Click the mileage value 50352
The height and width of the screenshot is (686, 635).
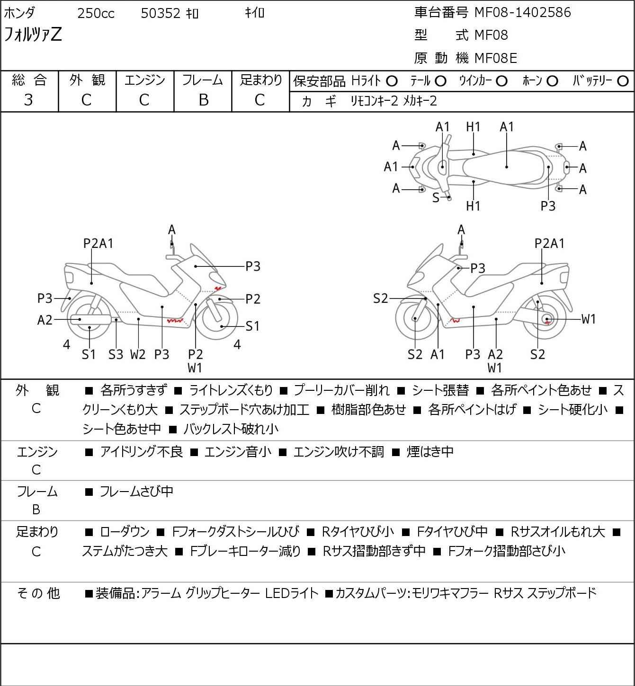(x=161, y=14)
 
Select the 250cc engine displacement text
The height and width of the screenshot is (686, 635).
(x=96, y=14)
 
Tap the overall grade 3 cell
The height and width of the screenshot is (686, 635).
(x=29, y=100)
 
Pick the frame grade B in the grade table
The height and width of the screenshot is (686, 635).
(x=203, y=100)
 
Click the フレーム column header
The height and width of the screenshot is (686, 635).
(x=203, y=80)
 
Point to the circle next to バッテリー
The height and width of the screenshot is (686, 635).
(x=623, y=81)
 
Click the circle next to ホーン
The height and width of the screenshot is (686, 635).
(x=552, y=81)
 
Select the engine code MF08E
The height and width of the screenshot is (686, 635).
(x=495, y=58)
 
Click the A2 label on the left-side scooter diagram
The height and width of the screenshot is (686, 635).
(x=45, y=320)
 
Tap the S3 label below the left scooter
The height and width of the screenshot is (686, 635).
(x=116, y=354)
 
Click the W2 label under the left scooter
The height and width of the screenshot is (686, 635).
(x=138, y=354)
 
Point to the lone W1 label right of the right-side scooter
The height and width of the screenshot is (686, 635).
(x=588, y=319)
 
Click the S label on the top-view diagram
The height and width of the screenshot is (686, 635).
(x=436, y=198)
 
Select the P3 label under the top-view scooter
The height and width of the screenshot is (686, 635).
(x=548, y=206)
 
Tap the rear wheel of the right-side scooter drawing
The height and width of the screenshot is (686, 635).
(x=546, y=319)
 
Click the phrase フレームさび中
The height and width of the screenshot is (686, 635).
(x=136, y=492)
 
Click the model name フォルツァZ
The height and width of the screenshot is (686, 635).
(x=33, y=35)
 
